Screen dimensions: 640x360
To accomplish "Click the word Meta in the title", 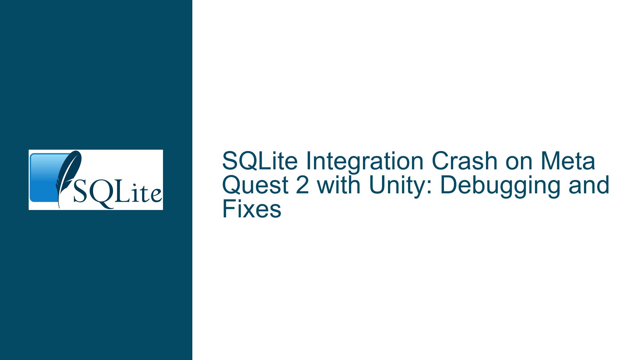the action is click(570, 161).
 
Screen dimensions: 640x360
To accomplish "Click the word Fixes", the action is click(252, 210).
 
